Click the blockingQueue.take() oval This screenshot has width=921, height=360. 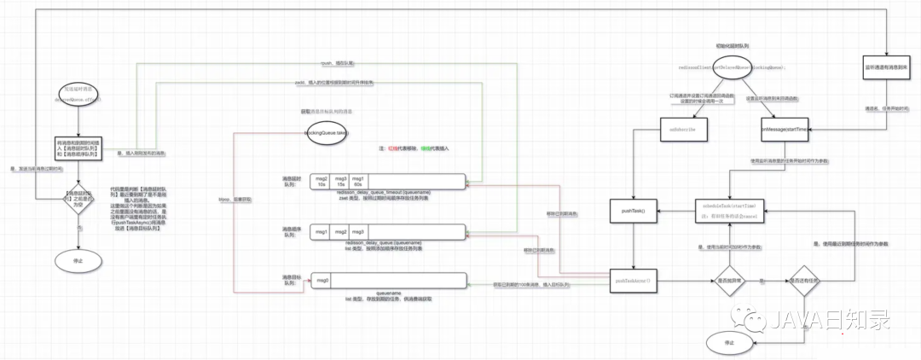click(x=326, y=133)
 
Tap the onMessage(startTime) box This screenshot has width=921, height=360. click(x=785, y=128)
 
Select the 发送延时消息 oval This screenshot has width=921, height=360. click(x=78, y=94)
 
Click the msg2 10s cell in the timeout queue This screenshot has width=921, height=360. click(x=321, y=182)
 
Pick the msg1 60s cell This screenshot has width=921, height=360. click(x=358, y=182)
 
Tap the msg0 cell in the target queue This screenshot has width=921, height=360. click(x=321, y=280)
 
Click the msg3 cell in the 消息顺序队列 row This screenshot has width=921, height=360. click(x=358, y=232)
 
